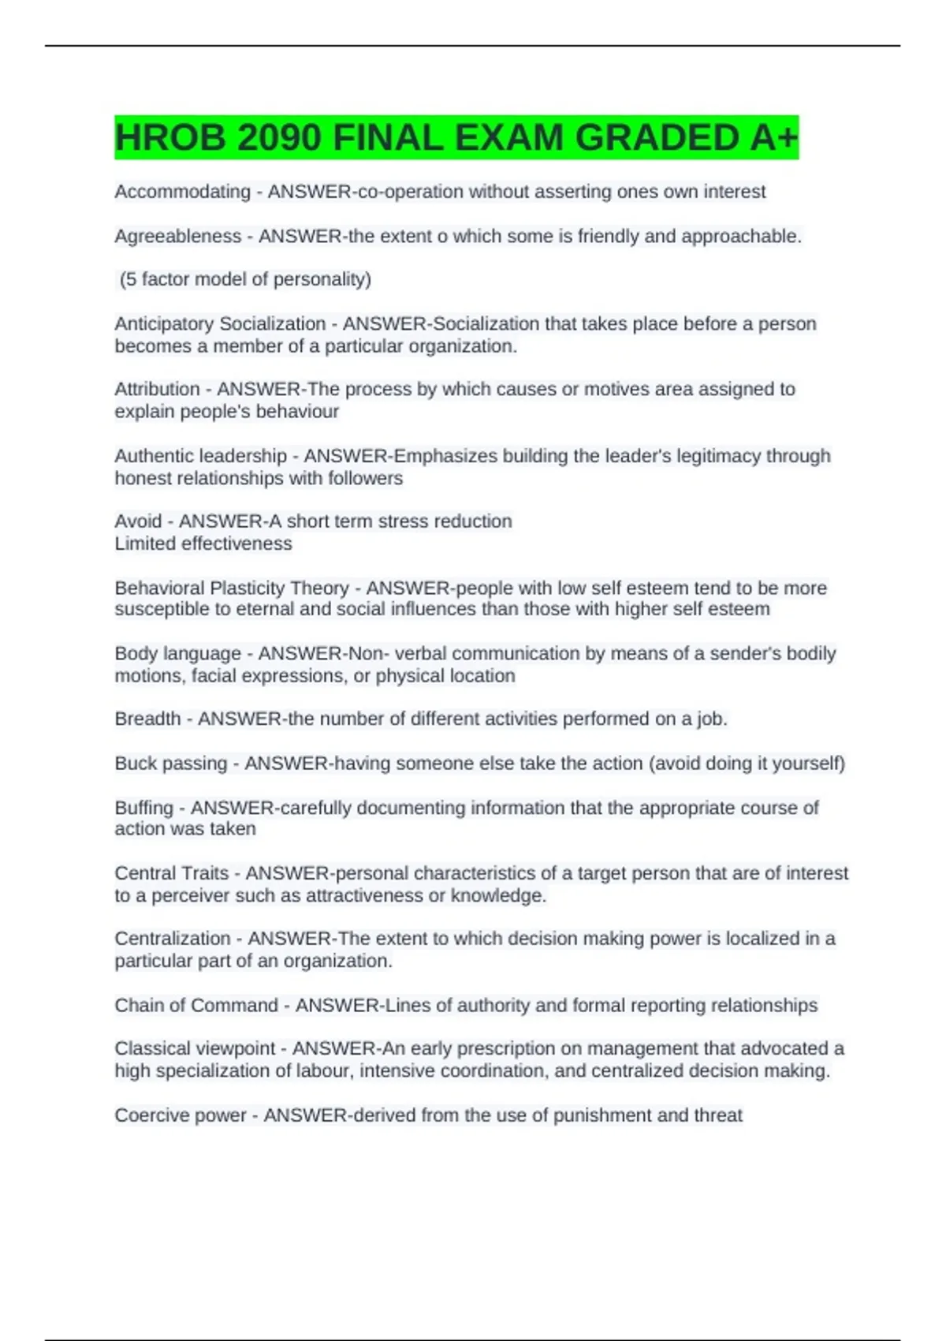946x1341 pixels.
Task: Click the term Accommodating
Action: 182,192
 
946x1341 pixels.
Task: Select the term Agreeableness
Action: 178,236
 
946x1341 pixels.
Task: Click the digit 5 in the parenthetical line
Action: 131,279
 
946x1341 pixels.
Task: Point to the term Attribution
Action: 157,389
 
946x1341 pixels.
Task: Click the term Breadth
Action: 147,719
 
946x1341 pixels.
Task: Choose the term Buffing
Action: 143,808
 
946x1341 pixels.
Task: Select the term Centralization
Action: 173,939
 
